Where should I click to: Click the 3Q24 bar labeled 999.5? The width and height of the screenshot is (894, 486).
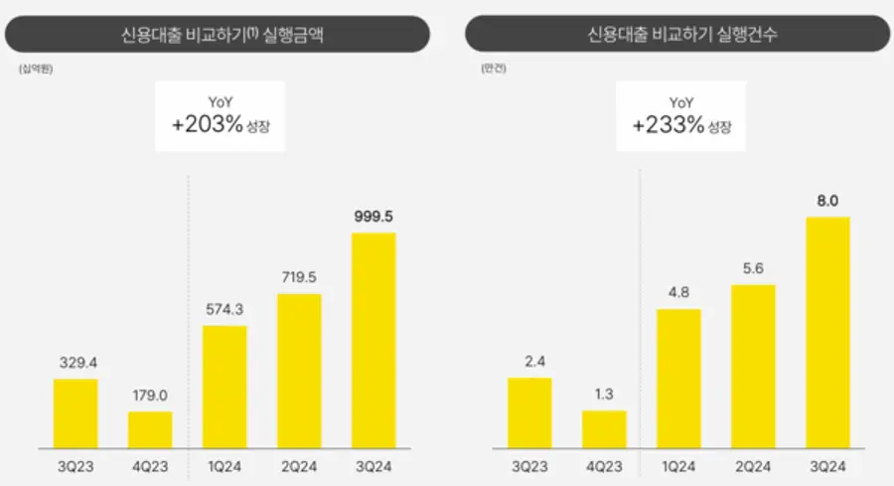tap(373, 340)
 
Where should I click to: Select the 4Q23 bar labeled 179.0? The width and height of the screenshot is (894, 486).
tap(150, 429)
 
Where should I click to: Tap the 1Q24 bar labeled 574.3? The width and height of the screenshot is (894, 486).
tap(224, 386)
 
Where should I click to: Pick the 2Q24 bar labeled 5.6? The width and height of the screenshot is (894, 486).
tap(753, 366)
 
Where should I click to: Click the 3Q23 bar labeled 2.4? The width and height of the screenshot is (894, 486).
tap(529, 411)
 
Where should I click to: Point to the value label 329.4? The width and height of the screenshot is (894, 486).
tap(75, 362)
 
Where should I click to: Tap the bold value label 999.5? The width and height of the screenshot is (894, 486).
tap(373, 216)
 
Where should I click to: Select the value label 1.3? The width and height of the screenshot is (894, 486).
tap(604, 395)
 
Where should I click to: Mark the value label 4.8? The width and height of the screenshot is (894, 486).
tap(678, 293)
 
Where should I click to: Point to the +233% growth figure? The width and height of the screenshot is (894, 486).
tap(666, 126)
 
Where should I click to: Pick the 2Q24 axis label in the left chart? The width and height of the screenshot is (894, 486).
tap(299, 463)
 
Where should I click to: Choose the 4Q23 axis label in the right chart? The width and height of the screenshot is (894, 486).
tap(604, 463)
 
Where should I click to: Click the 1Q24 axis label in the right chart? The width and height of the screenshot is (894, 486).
tap(678, 463)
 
